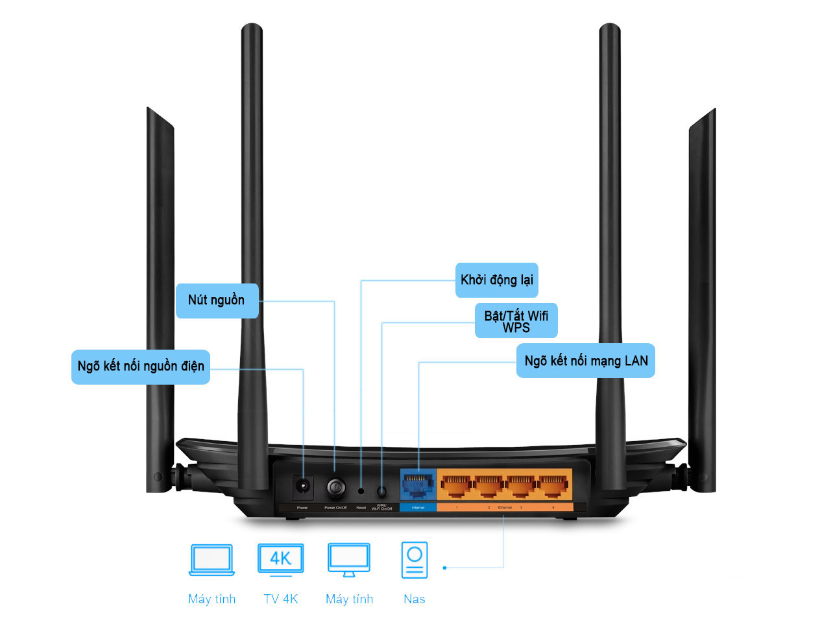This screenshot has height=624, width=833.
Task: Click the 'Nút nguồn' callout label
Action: pos(217,300)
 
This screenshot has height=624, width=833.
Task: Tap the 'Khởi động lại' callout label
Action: pos(496,280)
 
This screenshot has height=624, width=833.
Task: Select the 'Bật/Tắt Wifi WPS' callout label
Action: pos(516,321)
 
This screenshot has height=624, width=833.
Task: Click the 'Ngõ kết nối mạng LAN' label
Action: pos(585,361)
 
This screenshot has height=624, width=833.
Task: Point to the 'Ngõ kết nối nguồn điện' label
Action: pos(140,366)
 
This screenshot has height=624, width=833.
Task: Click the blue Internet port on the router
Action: pos(418,485)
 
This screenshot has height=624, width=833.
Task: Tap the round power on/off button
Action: pos(335,486)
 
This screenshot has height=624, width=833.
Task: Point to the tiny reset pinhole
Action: pos(361,491)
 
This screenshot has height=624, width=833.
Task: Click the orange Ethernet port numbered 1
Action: pos(456,485)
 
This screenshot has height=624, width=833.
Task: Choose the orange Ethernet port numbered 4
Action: pos(553,485)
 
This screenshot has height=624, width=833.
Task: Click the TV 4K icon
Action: pos(280,559)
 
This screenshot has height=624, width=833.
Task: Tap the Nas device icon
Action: pos(415,560)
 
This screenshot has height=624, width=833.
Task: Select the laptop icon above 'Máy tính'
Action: pos(211,560)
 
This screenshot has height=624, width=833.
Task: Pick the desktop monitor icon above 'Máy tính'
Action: pos(349,560)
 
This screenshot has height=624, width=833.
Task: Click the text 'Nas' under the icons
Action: pos(415,599)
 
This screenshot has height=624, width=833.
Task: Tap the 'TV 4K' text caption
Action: pos(280,599)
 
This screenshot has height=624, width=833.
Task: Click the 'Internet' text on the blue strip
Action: pos(418,507)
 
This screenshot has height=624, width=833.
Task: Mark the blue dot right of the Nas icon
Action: pos(444,568)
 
